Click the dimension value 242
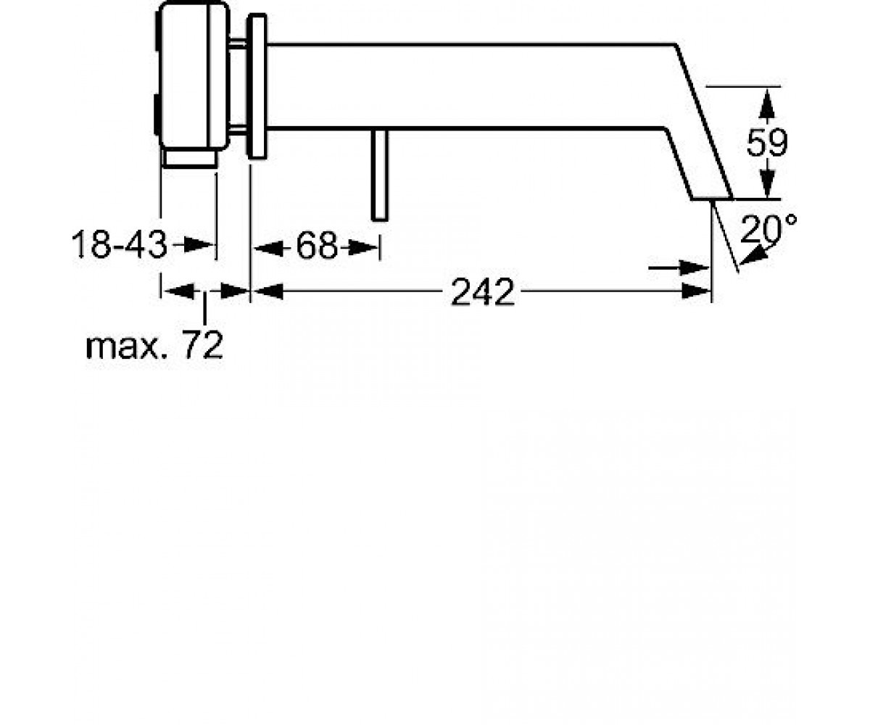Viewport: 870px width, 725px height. coord(483,292)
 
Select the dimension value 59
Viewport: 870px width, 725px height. coord(767,143)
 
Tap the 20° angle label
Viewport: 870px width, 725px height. coord(768,229)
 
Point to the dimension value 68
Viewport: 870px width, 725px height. coord(316,246)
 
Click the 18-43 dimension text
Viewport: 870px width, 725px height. coord(119,244)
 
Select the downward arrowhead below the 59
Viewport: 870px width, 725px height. coord(767,182)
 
